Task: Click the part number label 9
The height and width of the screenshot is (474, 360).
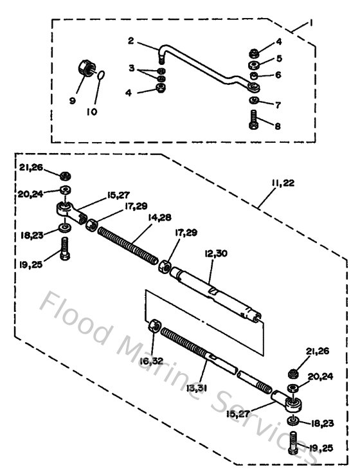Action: click(x=72, y=102)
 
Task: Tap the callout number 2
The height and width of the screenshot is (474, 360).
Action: click(x=130, y=42)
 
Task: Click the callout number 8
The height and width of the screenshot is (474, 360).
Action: click(x=278, y=127)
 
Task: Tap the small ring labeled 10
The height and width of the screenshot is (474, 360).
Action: click(x=102, y=77)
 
